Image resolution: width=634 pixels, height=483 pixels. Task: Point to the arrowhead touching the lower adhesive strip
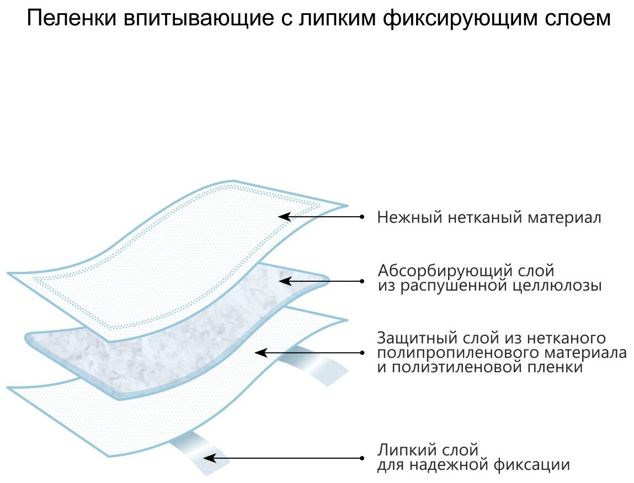(x=208, y=458)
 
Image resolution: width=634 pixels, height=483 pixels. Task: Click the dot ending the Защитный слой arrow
(x=362, y=352)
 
